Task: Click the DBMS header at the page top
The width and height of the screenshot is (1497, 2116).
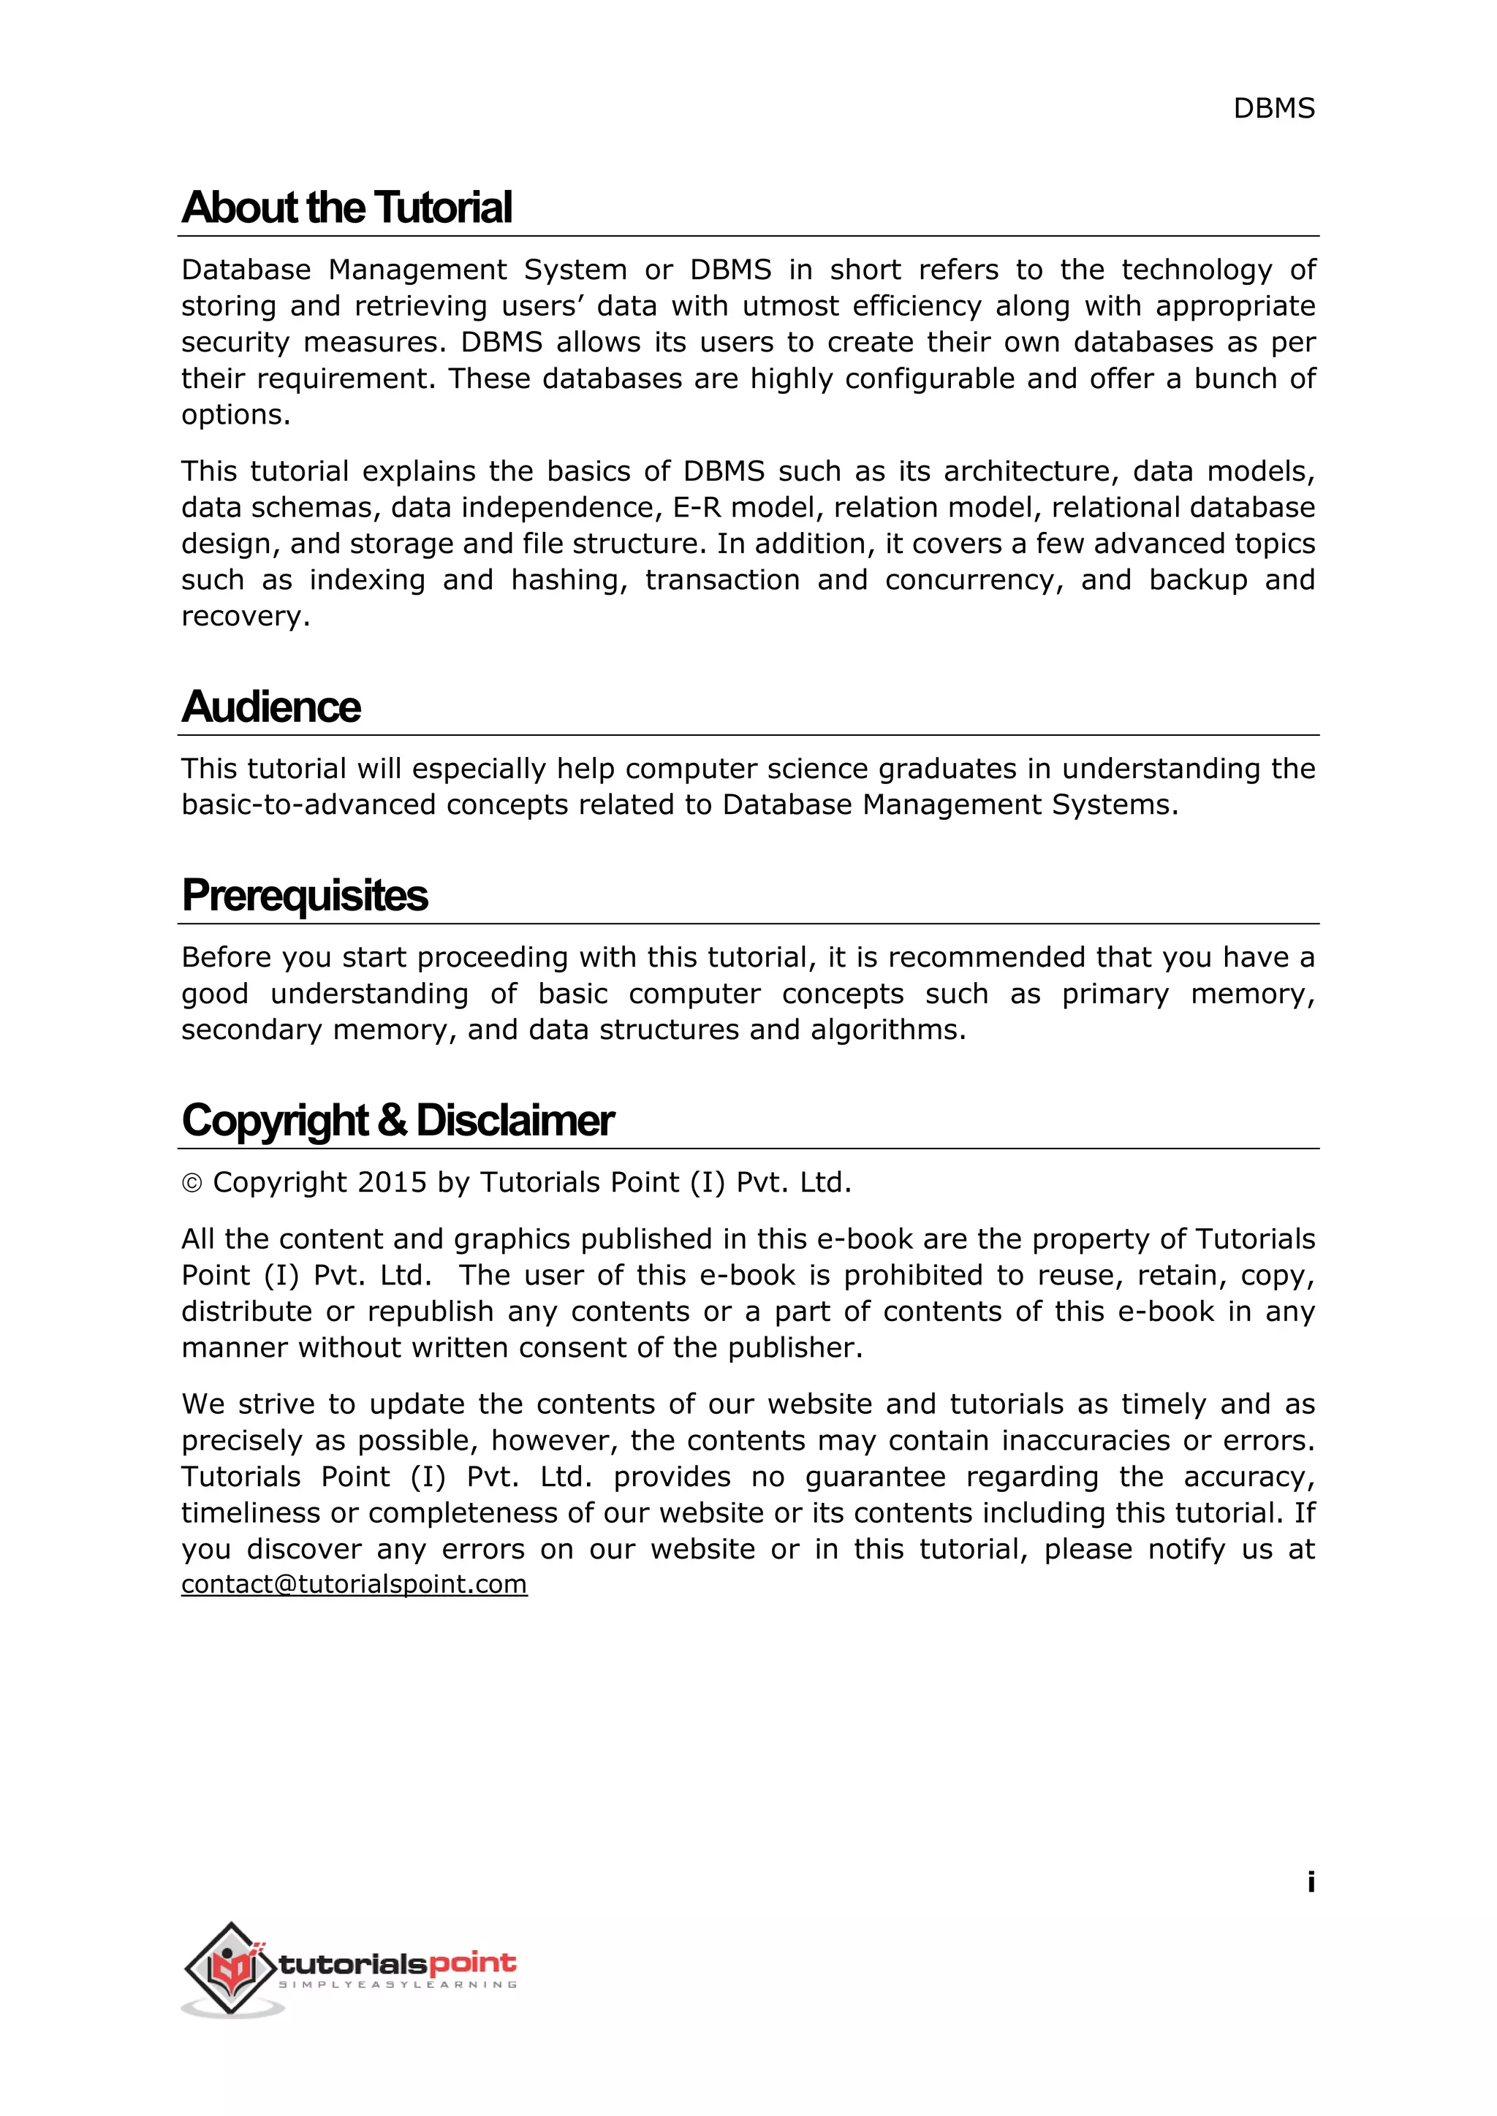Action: pyautogui.click(x=1273, y=109)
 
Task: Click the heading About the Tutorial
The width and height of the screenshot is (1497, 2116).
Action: pyautogui.click(x=346, y=208)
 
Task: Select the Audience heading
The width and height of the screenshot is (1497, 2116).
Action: pyautogui.click(x=271, y=707)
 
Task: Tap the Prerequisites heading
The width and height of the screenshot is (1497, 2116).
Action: pyautogui.click(x=304, y=895)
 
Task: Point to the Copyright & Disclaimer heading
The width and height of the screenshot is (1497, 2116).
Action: pyautogui.click(x=398, y=1121)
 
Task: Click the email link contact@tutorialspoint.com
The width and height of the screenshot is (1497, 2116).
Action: pyautogui.click(x=354, y=1584)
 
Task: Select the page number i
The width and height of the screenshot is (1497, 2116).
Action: pyautogui.click(x=1310, y=1882)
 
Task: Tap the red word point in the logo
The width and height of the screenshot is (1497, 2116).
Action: pyautogui.click(x=473, y=1963)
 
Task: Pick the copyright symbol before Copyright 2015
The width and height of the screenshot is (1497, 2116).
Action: pyautogui.click(x=192, y=1184)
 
